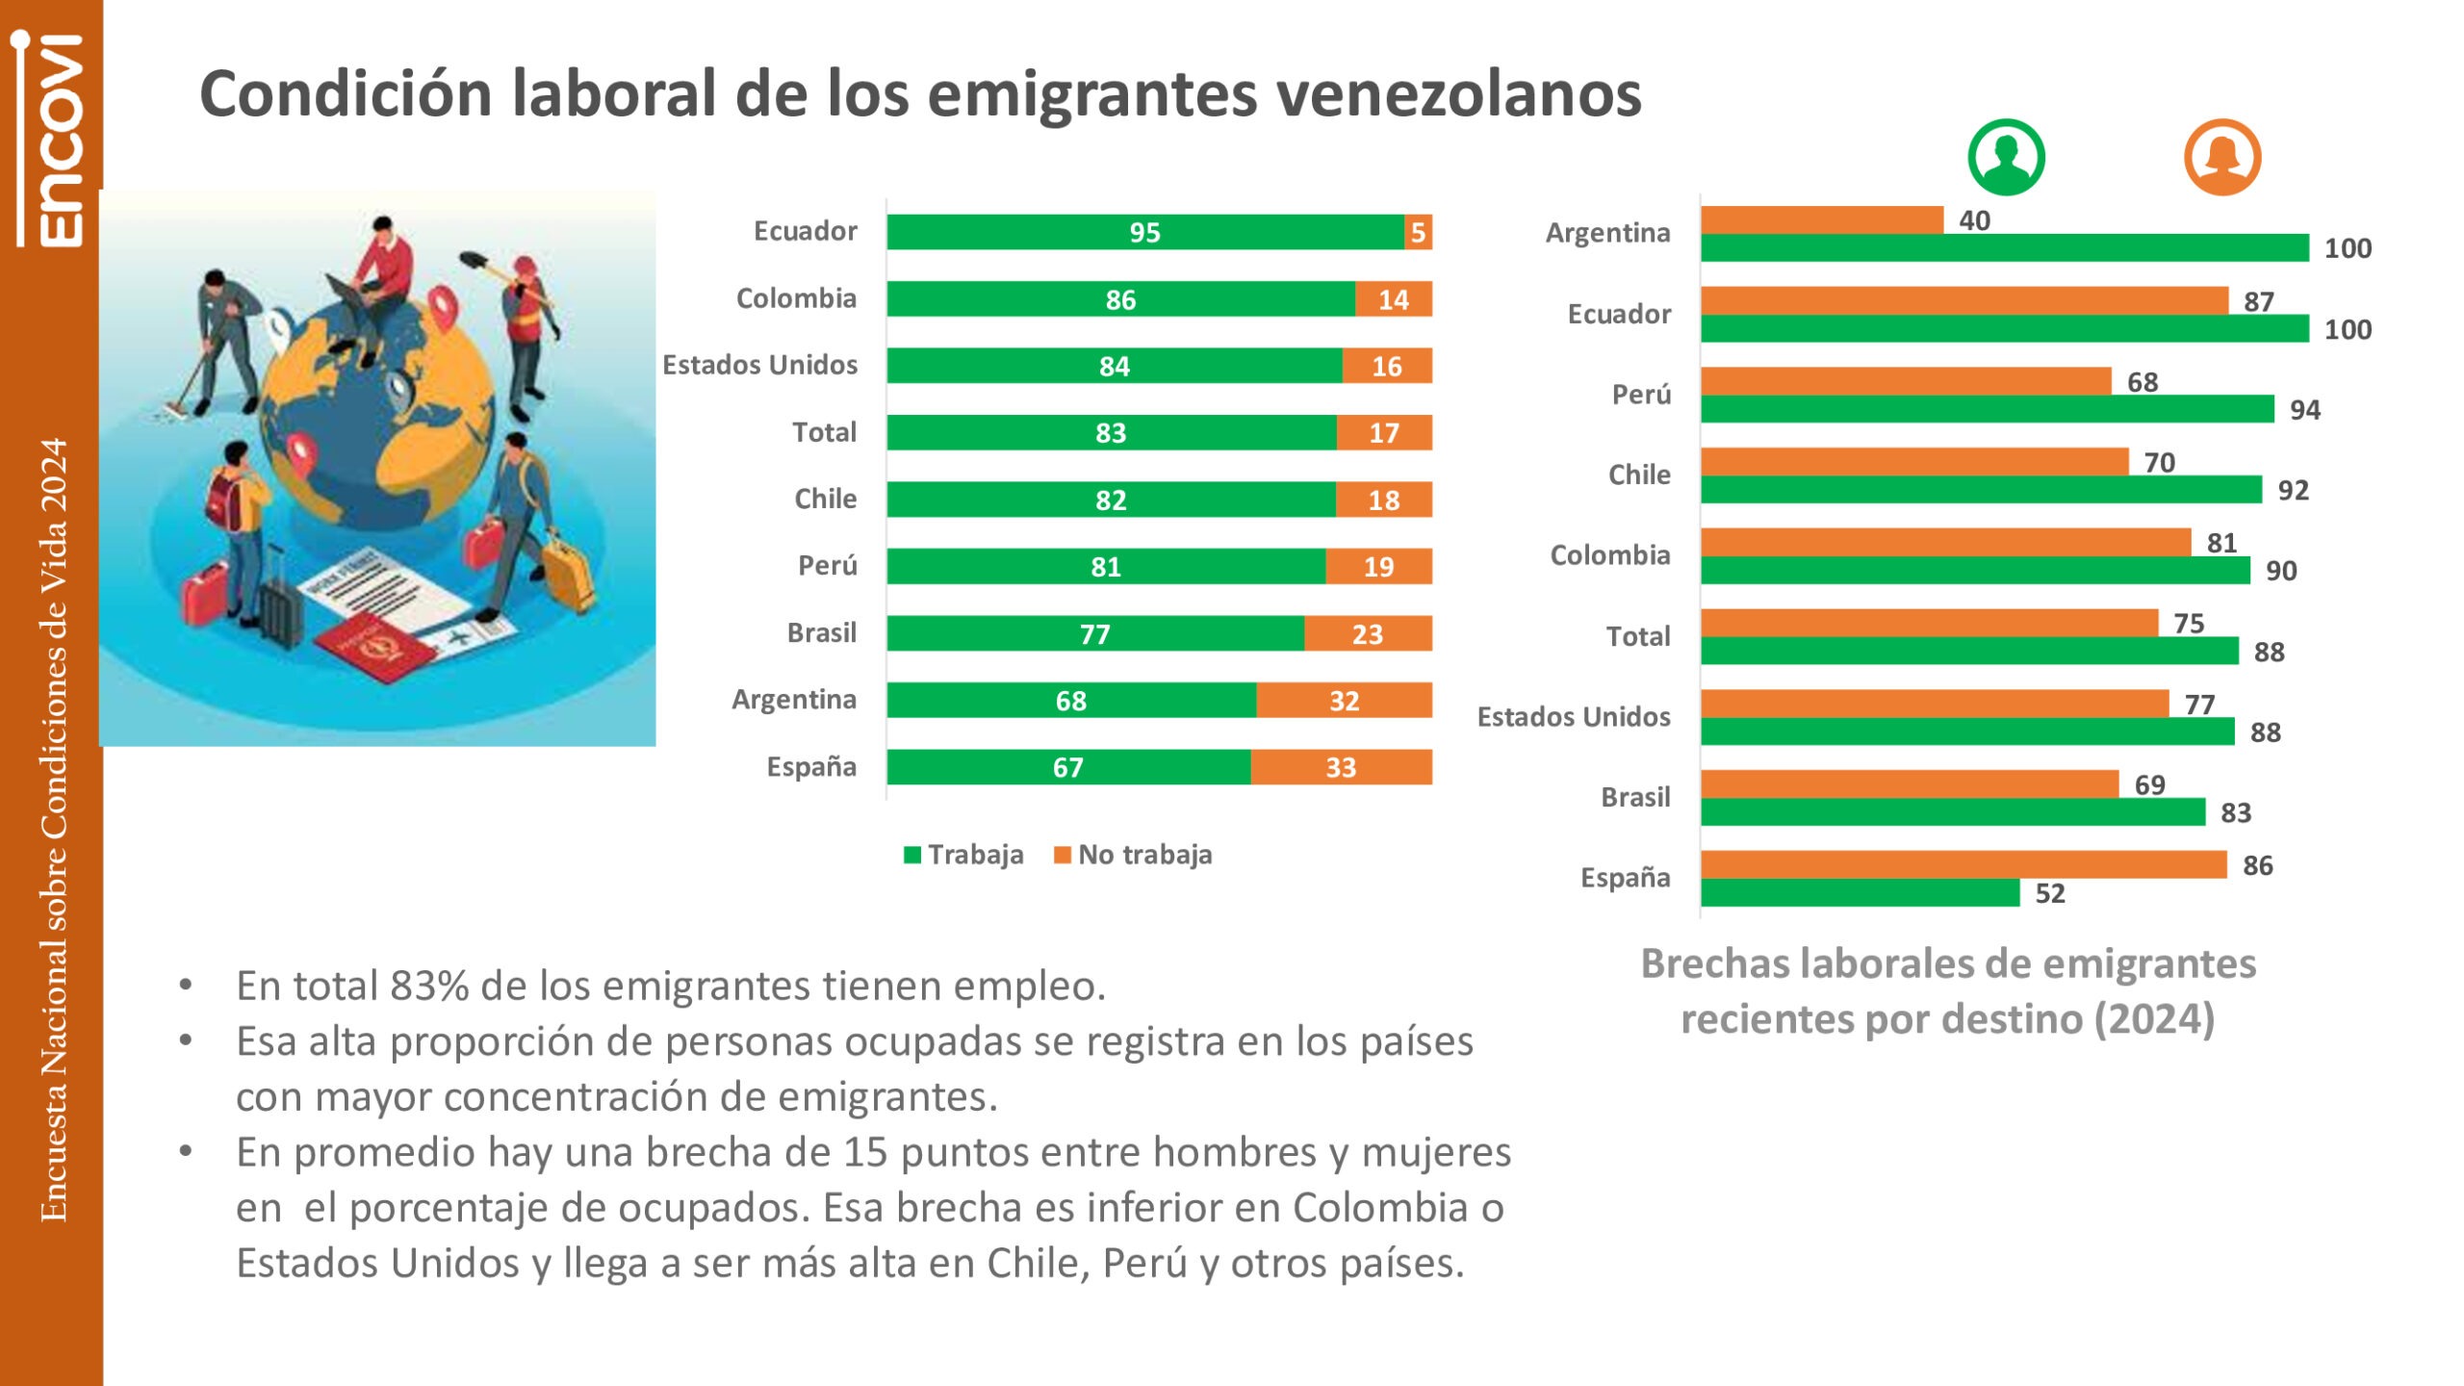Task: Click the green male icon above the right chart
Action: [x=2006, y=157]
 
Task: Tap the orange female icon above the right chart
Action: [x=2221, y=157]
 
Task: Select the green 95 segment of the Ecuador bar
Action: [x=1144, y=232]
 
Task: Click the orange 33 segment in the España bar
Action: [x=1341, y=767]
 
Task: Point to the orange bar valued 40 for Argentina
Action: [x=1821, y=220]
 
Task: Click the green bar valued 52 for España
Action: [x=1860, y=893]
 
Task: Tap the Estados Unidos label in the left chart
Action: [x=759, y=365]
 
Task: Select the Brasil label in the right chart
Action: [x=1635, y=797]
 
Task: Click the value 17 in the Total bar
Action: [x=1384, y=433]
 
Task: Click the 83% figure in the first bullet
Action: [x=429, y=986]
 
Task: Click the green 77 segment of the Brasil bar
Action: [x=1094, y=634]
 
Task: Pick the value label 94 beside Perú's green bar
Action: [x=2304, y=410]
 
